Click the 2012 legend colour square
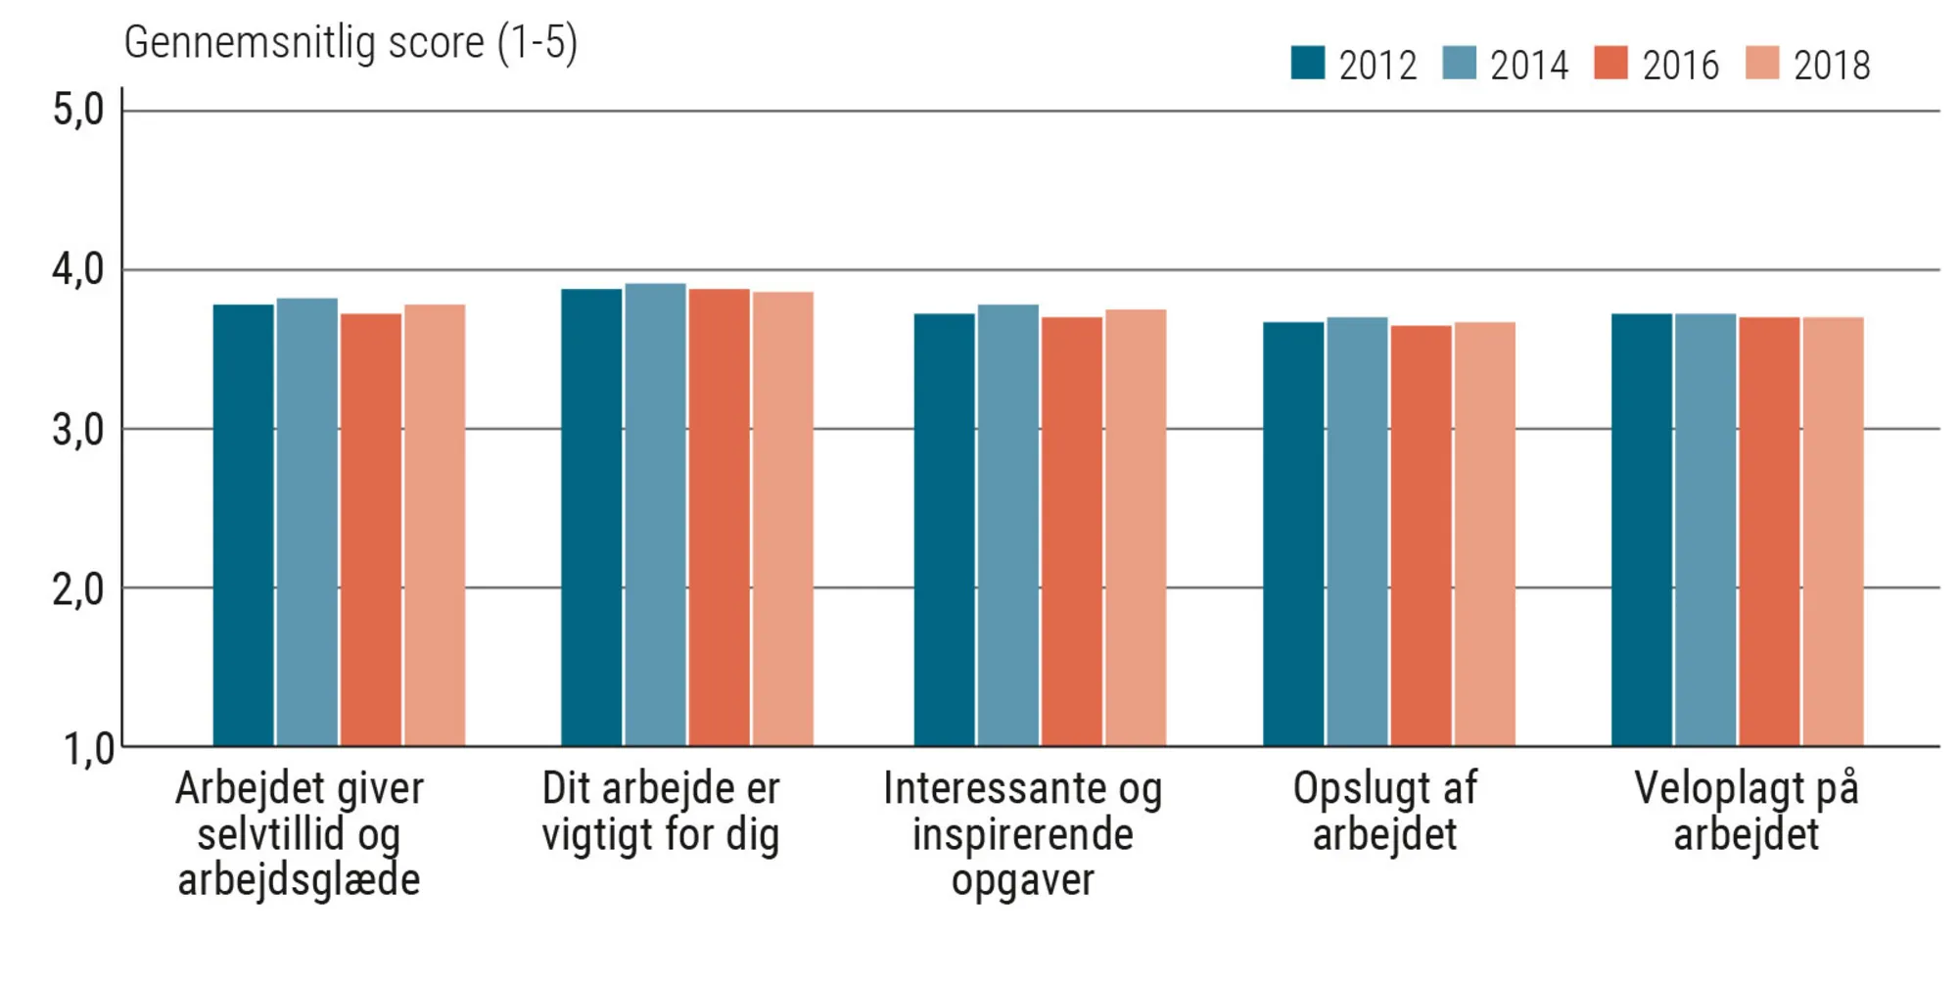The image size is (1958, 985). [1307, 63]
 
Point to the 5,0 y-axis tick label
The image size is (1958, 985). [78, 110]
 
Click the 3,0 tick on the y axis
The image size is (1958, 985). [78, 430]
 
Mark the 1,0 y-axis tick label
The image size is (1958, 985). [88, 749]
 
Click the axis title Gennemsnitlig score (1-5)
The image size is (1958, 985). [350, 43]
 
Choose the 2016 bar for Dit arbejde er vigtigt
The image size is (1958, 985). [719, 518]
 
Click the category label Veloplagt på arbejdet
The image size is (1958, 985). [1746, 811]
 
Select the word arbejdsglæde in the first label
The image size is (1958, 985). [299, 879]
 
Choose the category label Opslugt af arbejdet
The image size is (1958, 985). [1384, 811]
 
